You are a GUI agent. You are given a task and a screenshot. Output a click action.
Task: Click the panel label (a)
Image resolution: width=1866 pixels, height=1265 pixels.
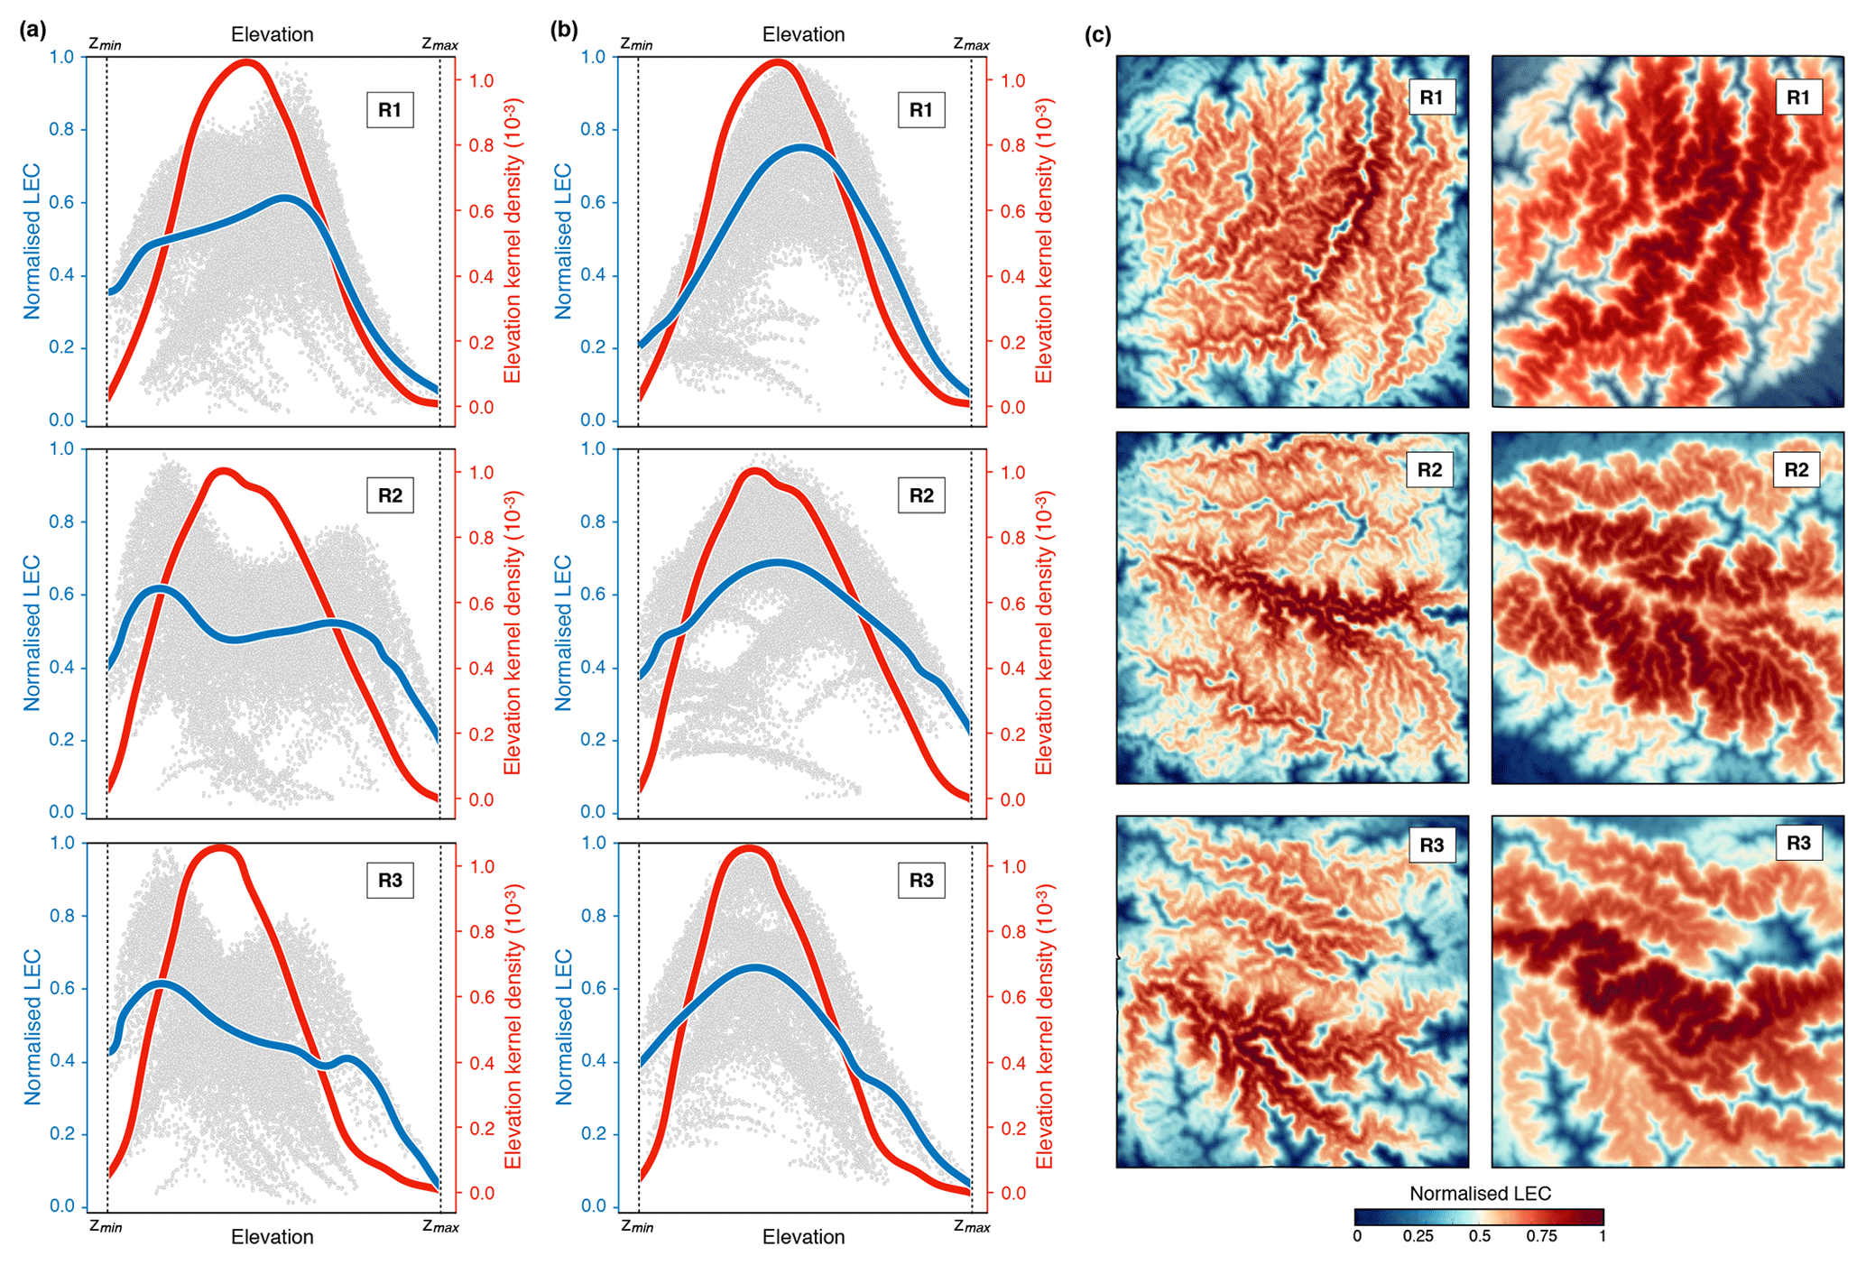[32, 31]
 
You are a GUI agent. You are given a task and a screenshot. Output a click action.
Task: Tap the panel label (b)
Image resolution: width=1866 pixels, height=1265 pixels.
[564, 31]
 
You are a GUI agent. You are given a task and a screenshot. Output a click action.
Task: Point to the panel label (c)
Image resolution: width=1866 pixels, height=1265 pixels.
[1097, 35]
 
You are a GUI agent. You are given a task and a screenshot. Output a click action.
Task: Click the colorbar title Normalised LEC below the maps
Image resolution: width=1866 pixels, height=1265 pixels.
[1480, 1194]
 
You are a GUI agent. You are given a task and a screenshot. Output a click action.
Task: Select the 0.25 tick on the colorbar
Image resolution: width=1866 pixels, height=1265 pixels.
[1418, 1236]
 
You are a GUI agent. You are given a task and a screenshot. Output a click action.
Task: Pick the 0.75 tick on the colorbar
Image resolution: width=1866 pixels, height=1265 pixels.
[1541, 1236]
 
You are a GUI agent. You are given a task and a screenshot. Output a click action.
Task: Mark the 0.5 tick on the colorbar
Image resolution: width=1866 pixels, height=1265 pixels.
[1480, 1236]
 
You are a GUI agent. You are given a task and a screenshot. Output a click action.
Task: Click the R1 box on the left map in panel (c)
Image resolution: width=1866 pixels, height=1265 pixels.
[1431, 97]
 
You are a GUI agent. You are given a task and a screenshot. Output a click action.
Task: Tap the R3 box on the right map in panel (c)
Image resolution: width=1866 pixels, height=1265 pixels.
[1798, 843]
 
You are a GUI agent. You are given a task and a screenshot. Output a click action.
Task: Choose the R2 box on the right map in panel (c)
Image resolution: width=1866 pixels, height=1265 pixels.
[1797, 470]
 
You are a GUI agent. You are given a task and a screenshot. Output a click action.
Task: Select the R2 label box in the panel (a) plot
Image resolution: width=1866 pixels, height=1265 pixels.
[390, 495]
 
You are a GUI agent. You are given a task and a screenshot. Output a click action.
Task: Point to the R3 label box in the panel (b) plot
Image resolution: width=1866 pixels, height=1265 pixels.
[921, 881]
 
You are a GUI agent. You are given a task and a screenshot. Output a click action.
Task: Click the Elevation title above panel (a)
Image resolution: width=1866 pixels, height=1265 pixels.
[272, 34]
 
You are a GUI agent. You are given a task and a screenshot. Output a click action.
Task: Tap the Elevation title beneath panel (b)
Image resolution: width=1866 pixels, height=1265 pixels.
[803, 1237]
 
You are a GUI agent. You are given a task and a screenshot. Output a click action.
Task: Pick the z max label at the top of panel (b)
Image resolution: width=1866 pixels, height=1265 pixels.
[971, 43]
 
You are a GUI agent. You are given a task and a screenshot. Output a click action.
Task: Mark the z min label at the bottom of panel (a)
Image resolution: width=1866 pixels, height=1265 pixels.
[106, 1226]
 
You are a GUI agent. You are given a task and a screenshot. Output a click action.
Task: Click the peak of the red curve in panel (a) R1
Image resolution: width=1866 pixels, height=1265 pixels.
[246, 62]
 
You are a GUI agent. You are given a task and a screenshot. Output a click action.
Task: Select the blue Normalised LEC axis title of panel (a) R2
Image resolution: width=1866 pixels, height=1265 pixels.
[32, 632]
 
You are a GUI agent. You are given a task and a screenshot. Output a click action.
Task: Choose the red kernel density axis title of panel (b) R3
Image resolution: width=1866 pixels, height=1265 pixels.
[1045, 1026]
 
